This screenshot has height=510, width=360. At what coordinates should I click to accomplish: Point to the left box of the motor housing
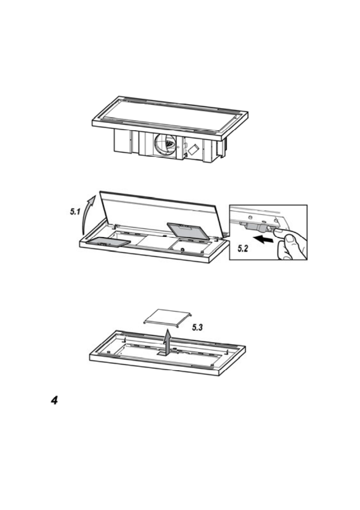(123, 141)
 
